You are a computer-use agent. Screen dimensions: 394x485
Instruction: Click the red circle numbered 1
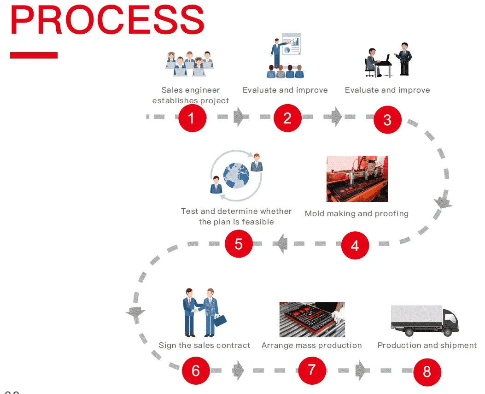[192, 118]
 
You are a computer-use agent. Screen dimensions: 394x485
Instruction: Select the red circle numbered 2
[287, 118]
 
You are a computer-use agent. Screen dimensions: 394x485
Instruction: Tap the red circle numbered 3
[387, 120]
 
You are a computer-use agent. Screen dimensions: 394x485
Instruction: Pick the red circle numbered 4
[355, 245]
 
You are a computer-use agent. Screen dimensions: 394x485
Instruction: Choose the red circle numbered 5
[239, 243]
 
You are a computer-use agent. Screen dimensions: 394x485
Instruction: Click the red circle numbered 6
[196, 370]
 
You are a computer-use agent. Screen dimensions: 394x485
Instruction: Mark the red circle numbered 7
[312, 370]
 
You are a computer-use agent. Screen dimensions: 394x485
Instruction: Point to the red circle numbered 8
[427, 371]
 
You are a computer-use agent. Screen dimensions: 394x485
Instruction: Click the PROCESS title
[107, 21]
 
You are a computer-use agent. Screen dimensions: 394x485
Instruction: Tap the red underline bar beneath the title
[34, 55]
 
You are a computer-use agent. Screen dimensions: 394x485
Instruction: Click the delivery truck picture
[424, 320]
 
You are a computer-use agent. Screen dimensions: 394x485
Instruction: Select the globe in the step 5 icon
[236, 176]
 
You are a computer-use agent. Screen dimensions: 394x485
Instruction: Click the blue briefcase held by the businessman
[220, 320]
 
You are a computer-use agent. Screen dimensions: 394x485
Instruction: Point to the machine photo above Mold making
[357, 179]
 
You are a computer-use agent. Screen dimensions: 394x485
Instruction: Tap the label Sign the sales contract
[205, 345]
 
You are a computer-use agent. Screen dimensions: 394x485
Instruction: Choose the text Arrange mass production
[312, 345]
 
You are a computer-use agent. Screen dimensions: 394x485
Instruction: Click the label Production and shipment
[427, 345]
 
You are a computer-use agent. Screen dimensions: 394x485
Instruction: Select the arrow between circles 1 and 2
[240, 117]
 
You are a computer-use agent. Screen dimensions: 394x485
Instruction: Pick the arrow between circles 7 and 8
[362, 370]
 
